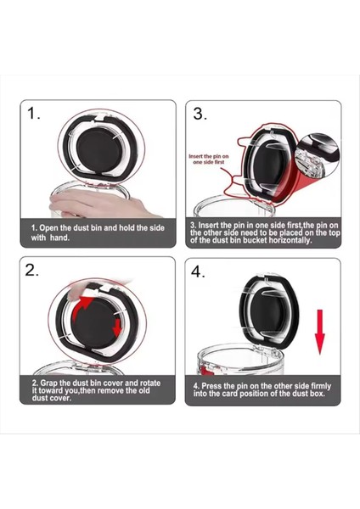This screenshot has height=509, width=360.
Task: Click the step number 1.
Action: point(33,114)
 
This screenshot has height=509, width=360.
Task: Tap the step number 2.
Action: point(32,270)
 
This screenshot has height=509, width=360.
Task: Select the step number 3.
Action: point(200,114)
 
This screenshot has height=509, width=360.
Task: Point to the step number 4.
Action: point(198,271)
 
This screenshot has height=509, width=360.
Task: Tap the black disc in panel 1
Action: point(98,151)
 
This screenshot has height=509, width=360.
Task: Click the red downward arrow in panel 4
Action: point(320,332)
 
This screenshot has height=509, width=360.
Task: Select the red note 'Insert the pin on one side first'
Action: point(209,159)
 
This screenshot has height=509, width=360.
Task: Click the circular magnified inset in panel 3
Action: point(318,155)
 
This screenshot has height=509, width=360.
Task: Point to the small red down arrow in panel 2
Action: point(116,327)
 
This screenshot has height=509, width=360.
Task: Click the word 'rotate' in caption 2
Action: point(149,383)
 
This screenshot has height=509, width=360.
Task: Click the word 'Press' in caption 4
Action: point(212,386)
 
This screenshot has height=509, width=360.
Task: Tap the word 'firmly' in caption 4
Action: point(321,386)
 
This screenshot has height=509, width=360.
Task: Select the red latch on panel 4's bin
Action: point(205,370)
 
